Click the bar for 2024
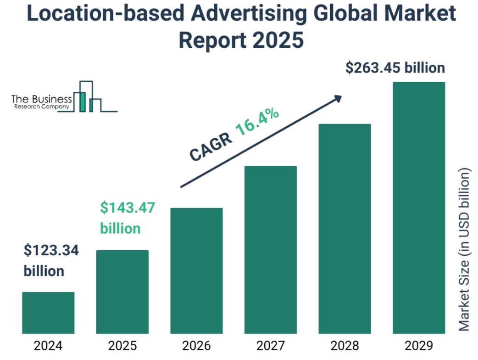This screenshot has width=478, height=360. click(x=48, y=313)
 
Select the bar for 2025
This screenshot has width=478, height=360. click(x=122, y=292)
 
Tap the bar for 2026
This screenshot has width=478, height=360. click(x=196, y=270)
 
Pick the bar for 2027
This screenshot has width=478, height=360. click(x=271, y=249)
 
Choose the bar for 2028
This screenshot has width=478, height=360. click(x=345, y=228)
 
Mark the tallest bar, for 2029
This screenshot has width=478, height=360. click(x=419, y=208)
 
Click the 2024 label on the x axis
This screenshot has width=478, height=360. click(x=48, y=345)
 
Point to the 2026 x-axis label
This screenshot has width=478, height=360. click(x=196, y=345)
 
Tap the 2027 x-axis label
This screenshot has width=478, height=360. click(x=271, y=345)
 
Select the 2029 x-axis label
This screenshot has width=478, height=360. click(x=419, y=345)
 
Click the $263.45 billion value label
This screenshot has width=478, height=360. click(x=395, y=68)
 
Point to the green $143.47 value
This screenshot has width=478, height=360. click(x=128, y=208)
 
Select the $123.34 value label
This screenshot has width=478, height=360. click(x=51, y=250)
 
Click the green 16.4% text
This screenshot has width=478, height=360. click(x=257, y=122)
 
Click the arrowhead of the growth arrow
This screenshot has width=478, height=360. click(x=338, y=98)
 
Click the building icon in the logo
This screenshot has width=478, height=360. click(x=87, y=97)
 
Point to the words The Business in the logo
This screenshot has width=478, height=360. click(x=41, y=99)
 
